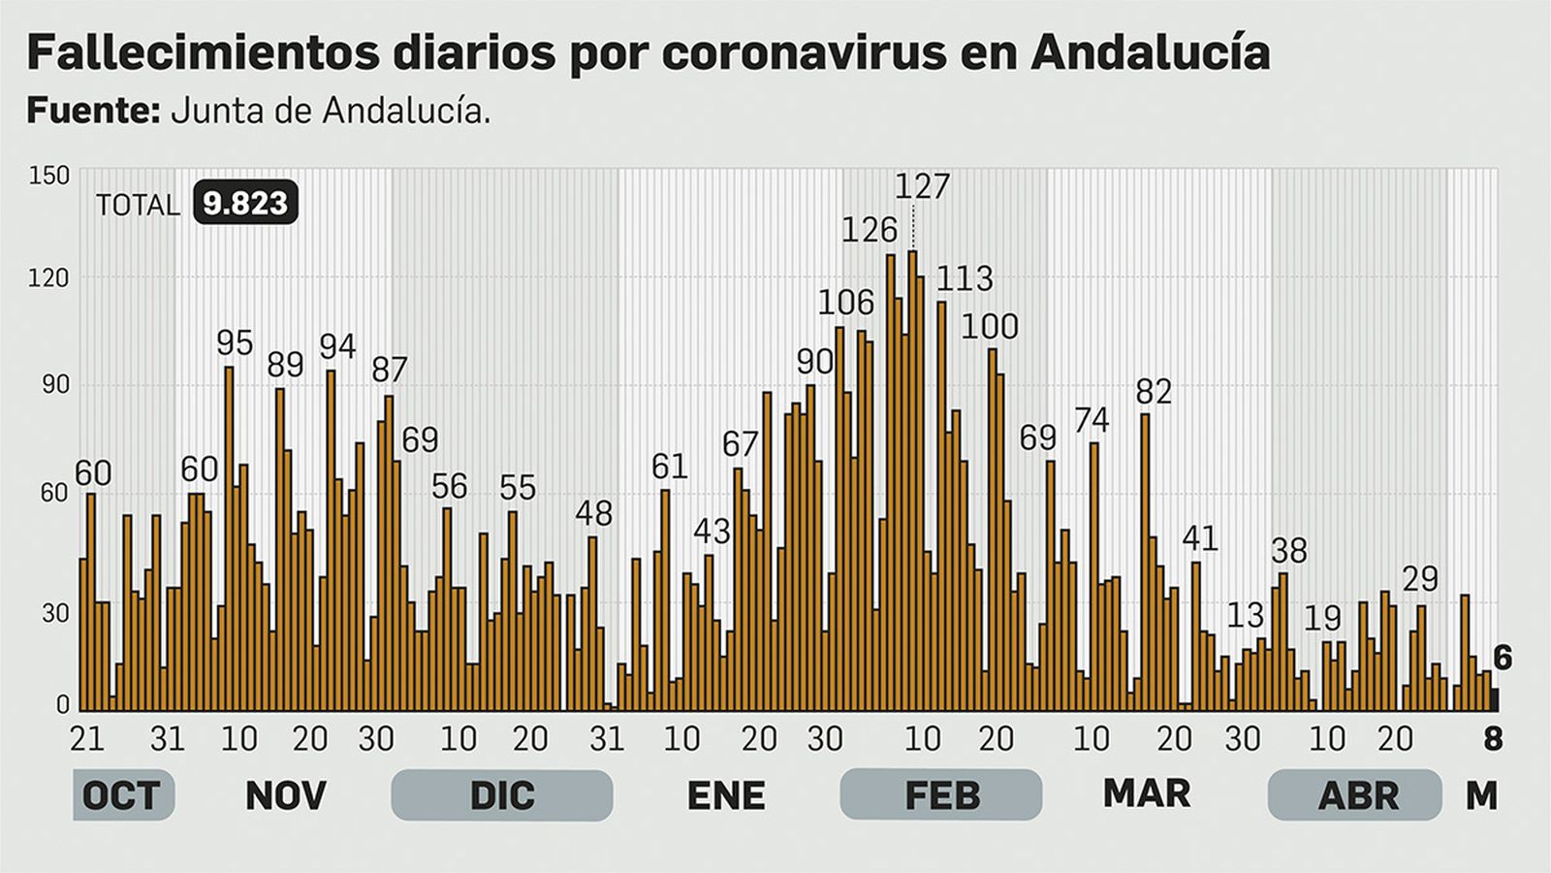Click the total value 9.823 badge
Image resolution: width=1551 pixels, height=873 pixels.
[x=245, y=203]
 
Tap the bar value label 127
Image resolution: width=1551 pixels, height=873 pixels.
[x=921, y=185]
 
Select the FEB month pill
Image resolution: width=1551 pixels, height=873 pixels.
[x=940, y=795]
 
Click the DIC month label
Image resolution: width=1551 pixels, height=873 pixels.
[x=502, y=795]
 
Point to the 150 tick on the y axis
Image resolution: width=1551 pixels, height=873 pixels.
[x=49, y=176]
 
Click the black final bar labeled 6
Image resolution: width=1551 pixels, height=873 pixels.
[x=1496, y=699]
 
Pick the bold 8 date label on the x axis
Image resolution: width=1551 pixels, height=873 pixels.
[x=1493, y=739]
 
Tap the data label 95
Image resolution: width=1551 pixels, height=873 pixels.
[x=235, y=342]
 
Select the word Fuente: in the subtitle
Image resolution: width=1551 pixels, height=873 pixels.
[x=93, y=111]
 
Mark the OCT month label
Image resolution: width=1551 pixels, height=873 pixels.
[x=121, y=795]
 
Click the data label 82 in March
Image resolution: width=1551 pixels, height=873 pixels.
[x=1154, y=391]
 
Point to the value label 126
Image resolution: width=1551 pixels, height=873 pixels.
[x=869, y=230]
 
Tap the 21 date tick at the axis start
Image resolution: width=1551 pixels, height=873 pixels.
[x=87, y=739]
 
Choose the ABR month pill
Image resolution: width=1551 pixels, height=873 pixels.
[x=1357, y=795]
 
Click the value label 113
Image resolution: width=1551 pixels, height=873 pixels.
[x=965, y=278]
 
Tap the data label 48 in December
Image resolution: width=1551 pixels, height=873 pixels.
[x=593, y=512]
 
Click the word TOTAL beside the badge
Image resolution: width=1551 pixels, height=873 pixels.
[x=138, y=206]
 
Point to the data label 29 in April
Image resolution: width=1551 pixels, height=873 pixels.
[x=1420, y=579]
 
